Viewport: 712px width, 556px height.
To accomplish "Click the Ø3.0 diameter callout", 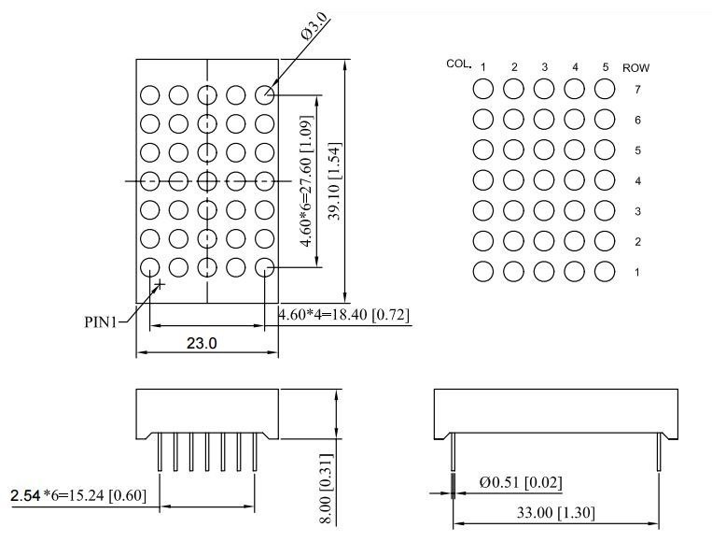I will click(x=314, y=25).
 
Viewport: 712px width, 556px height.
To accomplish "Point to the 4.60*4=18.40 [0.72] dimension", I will click(x=344, y=315).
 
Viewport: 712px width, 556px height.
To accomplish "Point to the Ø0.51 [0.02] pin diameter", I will click(x=520, y=482).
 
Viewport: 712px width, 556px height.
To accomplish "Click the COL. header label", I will click(x=458, y=64).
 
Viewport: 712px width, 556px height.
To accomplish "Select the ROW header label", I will click(x=635, y=67).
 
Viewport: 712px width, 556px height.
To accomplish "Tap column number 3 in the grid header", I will click(x=544, y=67).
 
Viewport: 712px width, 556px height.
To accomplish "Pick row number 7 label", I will click(x=637, y=90).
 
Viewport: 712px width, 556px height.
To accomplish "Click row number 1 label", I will click(x=637, y=272).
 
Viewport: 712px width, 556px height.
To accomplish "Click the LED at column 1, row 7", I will click(x=483, y=89).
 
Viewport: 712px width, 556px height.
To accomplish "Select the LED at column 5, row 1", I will click(x=605, y=271).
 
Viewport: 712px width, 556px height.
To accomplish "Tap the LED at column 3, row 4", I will click(x=544, y=179).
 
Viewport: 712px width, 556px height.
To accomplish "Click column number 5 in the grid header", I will click(x=605, y=67).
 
